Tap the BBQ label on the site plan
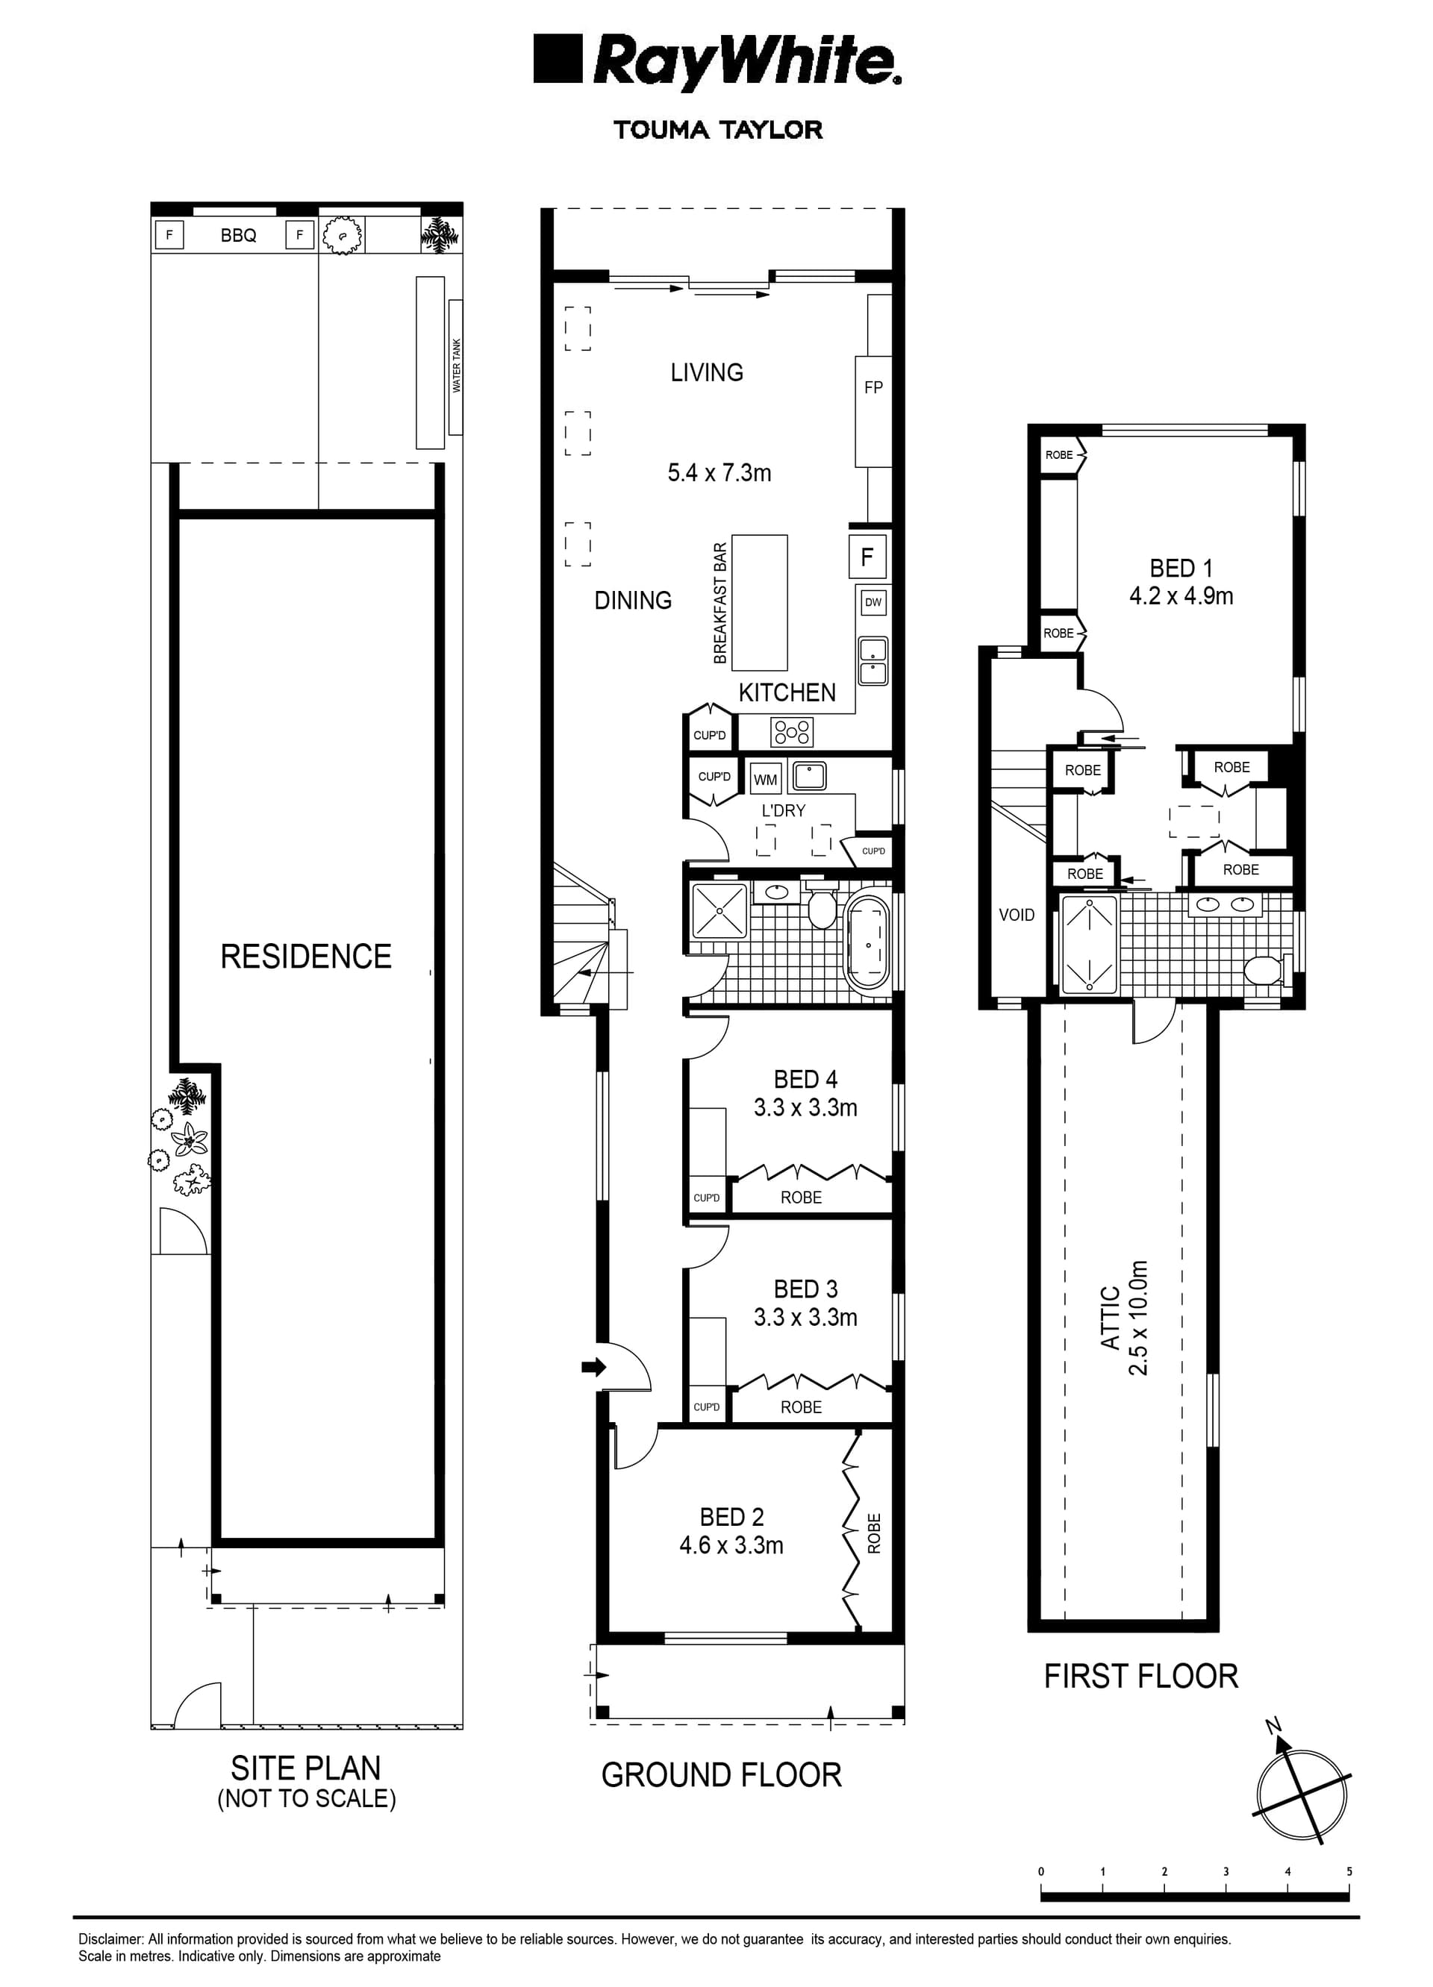pyautogui.click(x=238, y=236)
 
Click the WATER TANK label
pyautogui.click(x=456, y=366)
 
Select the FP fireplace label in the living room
pyautogui.click(x=873, y=387)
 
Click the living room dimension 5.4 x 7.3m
pyautogui.click(x=719, y=473)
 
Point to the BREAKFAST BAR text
pyautogui.click(x=720, y=603)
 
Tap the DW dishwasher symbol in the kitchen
pyautogui.click(x=873, y=602)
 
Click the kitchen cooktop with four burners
pyautogui.click(x=791, y=730)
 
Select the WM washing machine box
pyautogui.click(x=765, y=779)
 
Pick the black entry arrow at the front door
pyautogui.click(x=593, y=1367)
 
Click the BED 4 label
pyautogui.click(x=805, y=1080)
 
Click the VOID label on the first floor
pyautogui.click(x=1017, y=915)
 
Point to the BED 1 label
pyautogui.click(x=1181, y=569)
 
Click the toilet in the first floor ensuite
pyautogui.click(x=1263, y=970)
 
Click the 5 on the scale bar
pyautogui.click(x=1349, y=1871)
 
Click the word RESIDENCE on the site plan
pyautogui.click(x=306, y=957)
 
